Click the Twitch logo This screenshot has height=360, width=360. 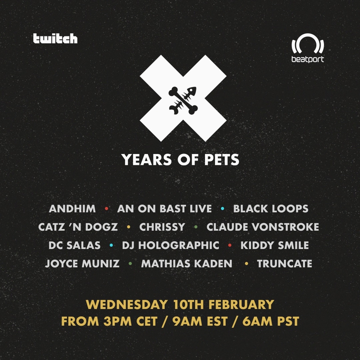pyautogui.click(x=55, y=38)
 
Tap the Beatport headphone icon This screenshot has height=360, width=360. pyautogui.click(x=307, y=43)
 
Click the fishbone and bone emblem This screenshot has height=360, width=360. pyautogui.click(x=183, y=100)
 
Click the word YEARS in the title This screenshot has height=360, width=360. pyautogui.click(x=146, y=159)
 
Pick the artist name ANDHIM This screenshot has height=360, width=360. pyautogui.click(x=72, y=208)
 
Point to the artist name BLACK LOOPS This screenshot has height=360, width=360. pyautogui.click(x=270, y=208)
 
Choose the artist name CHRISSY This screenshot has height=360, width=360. pyautogui.click(x=162, y=227)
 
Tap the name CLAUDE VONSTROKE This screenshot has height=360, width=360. pyautogui.click(x=262, y=227)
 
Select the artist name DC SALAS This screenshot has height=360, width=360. pyautogui.click(x=74, y=245)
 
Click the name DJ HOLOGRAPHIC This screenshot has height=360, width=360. pyautogui.click(x=170, y=245)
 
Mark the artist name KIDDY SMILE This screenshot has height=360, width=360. pyautogui.click(x=274, y=245)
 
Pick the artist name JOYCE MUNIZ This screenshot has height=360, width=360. pyautogui.click(x=82, y=263)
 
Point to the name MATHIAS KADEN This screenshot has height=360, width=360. pyautogui.click(x=186, y=263)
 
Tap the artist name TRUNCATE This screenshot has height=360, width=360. pyautogui.click(x=284, y=263)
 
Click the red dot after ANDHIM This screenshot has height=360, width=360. pyautogui.click(x=106, y=208)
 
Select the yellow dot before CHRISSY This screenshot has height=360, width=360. pyautogui.click(x=128, y=227)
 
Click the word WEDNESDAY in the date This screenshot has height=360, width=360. pyautogui.click(x=126, y=304)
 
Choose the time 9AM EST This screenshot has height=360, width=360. pyautogui.click(x=200, y=321)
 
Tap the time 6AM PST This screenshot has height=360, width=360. pyautogui.click(x=271, y=321)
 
